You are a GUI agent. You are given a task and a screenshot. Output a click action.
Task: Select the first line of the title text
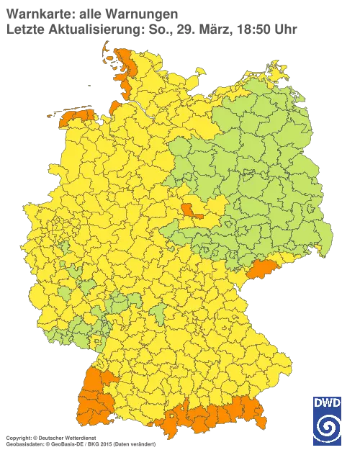click(x=91, y=13)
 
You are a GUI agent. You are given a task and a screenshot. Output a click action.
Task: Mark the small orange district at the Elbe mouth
click(x=115, y=107)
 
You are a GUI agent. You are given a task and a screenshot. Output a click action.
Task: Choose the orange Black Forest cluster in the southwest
click(x=95, y=400)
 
